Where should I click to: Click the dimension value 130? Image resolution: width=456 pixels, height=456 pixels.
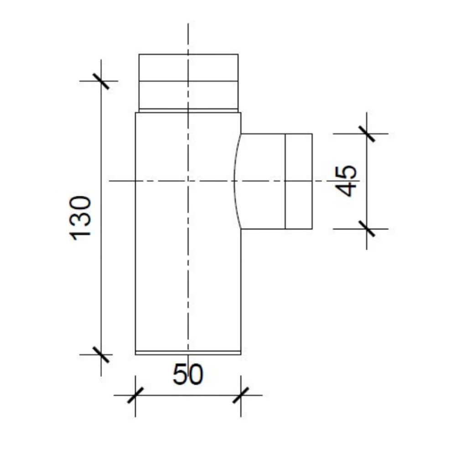tap(82, 216)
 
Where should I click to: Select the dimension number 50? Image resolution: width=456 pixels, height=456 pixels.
tap(188, 375)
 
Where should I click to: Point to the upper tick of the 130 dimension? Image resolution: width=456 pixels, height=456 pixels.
tap(101, 81)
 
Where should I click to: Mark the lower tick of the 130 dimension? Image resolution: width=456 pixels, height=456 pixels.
tap(101, 354)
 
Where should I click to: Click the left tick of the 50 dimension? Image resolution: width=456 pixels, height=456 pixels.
tap(135, 395)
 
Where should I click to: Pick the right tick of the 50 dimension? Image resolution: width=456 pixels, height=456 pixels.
tap(241, 395)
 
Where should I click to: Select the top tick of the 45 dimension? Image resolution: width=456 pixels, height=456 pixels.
tap(367, 134)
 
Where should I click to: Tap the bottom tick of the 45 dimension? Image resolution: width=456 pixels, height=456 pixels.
tap(367, 229)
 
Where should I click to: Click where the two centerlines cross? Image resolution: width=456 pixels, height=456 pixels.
tap(188, 181)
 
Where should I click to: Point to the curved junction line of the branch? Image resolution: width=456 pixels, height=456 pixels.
tap(234, 181)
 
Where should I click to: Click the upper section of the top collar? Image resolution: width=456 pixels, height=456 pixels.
tap(188, 67)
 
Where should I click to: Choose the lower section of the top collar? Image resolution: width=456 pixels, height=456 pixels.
tap(188, 95)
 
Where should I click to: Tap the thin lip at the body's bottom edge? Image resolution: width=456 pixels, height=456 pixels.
tap(188, 352)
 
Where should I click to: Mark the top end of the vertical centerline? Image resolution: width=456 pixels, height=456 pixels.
tap(188, 24)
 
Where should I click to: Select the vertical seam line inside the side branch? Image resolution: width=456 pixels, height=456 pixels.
tap(285, 205)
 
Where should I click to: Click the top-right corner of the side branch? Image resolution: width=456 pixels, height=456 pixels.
tap(312, 134)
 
